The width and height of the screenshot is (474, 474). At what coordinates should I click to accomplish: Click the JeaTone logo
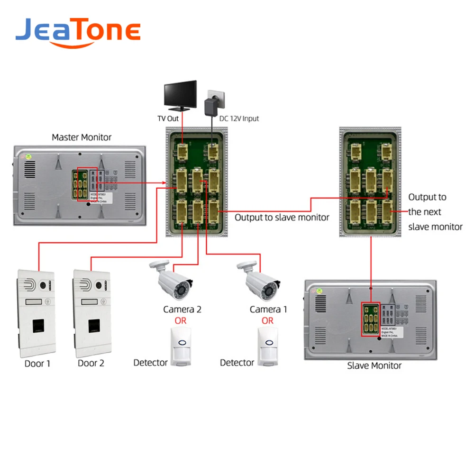pos(78,31)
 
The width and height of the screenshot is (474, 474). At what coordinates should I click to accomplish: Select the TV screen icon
pos(180,93)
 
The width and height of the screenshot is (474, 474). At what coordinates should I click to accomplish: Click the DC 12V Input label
pos(239,118)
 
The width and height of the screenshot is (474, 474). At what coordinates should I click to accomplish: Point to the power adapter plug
pos(210,106)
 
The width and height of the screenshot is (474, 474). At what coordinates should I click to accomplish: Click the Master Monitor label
pos(82,137)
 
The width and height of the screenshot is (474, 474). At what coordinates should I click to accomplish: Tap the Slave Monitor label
pos(374,365)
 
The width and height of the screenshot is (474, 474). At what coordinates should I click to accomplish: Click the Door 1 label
pos(37,364)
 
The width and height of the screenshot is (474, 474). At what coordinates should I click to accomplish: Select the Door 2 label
pos(91,364)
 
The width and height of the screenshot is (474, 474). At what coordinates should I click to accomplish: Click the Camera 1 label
pos(268,310)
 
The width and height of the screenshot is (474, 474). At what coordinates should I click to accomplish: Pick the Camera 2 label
pos(182,310)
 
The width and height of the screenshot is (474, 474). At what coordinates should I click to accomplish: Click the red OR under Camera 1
pos(268,321)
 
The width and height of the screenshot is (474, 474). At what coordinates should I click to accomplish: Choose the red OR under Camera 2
pos(181,321)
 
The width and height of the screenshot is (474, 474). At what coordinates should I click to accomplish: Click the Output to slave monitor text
pos(282,218)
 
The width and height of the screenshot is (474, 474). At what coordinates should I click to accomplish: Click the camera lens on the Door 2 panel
pos(99,286)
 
